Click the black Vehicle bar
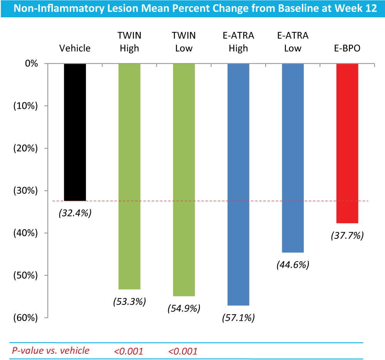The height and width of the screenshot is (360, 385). [75, 132]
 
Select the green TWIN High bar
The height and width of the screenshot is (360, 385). [129, 176]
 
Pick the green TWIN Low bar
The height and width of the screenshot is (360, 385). [184, 180]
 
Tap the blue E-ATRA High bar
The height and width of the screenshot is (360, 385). [238, 184]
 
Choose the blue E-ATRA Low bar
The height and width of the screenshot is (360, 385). [293, 158]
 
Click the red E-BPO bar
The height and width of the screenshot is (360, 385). [347, 143]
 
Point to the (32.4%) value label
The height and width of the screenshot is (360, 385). [75, 213]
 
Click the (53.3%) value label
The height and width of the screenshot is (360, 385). [130, 301]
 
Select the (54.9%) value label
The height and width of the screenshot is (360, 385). [184, 308]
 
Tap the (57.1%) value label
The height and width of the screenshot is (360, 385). [238, 318]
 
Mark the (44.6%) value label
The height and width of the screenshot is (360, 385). [293, 265]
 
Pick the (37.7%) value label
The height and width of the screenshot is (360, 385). [347, 235]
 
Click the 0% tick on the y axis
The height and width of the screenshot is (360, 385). [32, 63]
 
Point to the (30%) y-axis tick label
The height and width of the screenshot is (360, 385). [25, 190]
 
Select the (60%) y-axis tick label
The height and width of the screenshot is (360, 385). [25, 318]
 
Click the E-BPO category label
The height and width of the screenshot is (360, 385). [347, 48]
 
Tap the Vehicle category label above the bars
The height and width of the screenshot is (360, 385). [75, 48]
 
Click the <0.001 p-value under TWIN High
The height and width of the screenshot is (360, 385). [129, 352]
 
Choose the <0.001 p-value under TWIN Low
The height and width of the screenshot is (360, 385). [183, 352]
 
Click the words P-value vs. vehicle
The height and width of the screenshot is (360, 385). [51, 350]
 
